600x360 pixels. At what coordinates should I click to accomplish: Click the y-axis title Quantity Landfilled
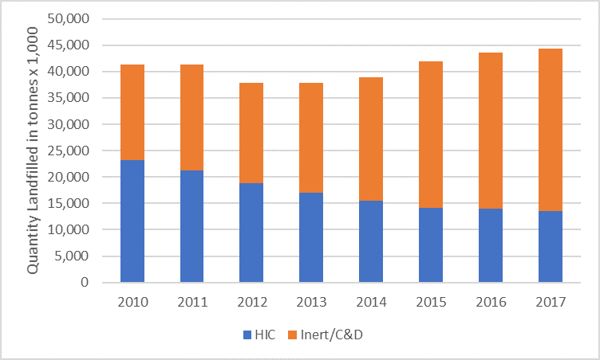(x=33, y=150)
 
